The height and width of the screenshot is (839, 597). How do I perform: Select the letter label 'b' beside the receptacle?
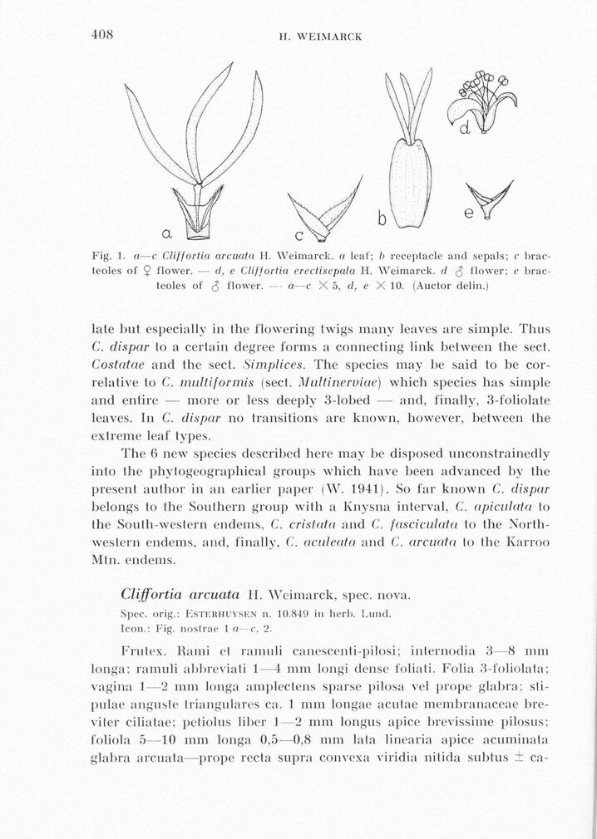point(382,219)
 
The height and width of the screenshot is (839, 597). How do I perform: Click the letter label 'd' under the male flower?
point(466,127)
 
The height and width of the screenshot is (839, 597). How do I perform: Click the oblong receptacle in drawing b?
point(412,183)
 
